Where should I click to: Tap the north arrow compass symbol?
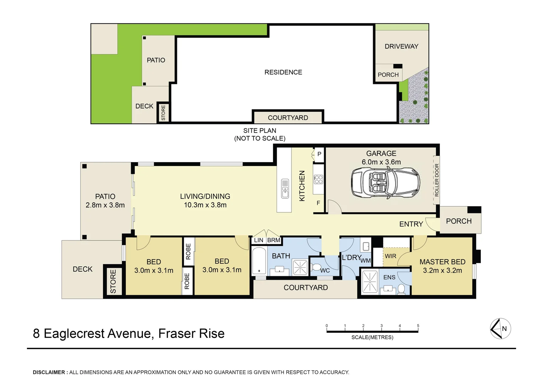tap(500, 329)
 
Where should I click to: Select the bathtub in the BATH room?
tap(259, 261)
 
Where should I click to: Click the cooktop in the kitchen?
tap(318, 179)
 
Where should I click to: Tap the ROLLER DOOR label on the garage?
tap(437, 180)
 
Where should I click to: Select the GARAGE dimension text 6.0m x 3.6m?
tap(381, 162)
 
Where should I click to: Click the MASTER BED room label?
tap(442, 262)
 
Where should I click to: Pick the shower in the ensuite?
tap(370, 282)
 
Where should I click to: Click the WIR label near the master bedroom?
tap(390, 256)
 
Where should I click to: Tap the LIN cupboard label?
tap(259, 240)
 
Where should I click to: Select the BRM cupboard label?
tap(274, 240)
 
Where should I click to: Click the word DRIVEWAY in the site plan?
tap(401, 46)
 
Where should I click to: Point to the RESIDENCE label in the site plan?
tap(283, 72)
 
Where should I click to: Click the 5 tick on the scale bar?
tap(418, 326)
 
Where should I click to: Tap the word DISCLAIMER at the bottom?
tap(49, 372)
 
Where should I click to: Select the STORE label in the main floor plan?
tap(113, 282)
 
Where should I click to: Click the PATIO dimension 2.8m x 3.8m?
tap(105, 205)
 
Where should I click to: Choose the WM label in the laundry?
tap(365, 261)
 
